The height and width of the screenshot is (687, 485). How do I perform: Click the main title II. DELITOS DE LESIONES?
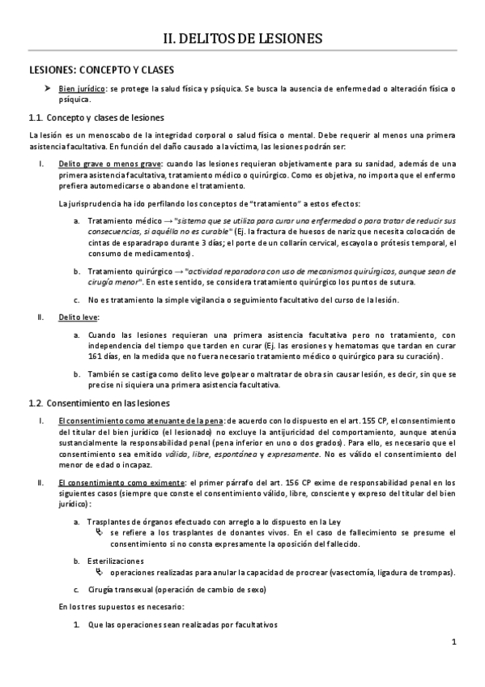(243, 38)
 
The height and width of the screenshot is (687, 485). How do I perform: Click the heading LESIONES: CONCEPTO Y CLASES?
(102, 70)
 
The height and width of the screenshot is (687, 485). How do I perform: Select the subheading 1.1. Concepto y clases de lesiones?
(96, 117)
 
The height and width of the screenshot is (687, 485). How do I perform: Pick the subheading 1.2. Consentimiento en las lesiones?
(99, 403)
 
